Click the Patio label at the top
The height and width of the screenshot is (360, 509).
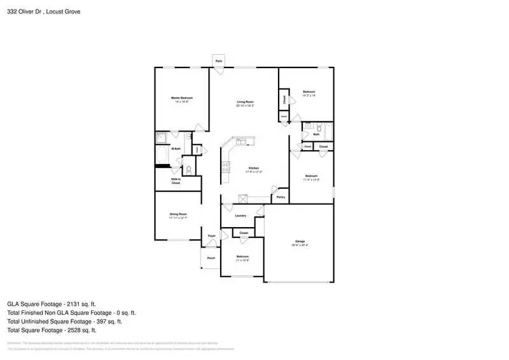click(x=218, y=60)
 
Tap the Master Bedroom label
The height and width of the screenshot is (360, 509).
click(x=181, y=98)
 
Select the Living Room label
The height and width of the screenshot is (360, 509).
click(x=246, y=102)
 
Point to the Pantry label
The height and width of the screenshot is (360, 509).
click(x=281, y=197)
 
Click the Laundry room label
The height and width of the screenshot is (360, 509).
click(x=241, y=216)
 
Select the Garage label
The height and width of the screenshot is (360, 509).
click(x=300, y=242)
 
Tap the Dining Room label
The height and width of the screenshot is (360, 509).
click(x=178, y=214)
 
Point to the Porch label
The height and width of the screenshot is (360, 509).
click(x=211, y=258)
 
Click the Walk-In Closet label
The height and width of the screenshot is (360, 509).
click(x=176, y=181)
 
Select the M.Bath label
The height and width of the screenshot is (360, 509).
click(x=176, y=149)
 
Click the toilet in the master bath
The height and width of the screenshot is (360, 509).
click(x=188, y=169)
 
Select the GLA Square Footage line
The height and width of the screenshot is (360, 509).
click(x=52, y=304)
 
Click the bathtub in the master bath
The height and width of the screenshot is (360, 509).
click(x=162, y=155)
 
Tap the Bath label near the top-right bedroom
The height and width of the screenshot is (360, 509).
click(x=316, y=134)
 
